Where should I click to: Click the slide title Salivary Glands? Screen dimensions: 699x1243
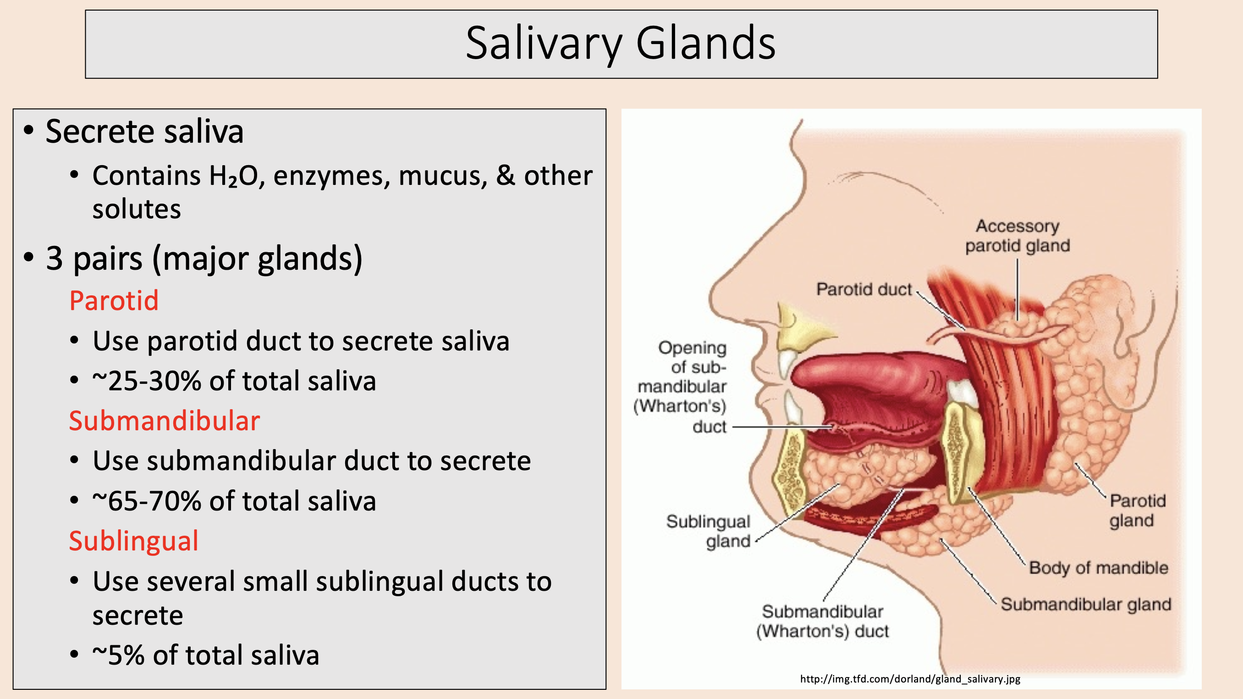[621, 44]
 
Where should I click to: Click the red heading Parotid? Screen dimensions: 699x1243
[114, 300]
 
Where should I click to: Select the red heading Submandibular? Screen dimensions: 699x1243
[164, 421]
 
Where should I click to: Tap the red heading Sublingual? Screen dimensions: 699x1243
[134, 541]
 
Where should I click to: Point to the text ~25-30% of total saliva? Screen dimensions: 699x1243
[234, 381]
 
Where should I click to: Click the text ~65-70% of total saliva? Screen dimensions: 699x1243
[234, 501]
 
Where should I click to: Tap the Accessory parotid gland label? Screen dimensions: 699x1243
[1017, 236]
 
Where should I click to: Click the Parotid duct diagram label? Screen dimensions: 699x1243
[864, 289]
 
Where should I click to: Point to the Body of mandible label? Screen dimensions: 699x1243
[1098, 568]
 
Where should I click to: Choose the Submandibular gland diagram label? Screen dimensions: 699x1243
[1086, 604]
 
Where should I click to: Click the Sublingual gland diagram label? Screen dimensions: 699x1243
[709, 531]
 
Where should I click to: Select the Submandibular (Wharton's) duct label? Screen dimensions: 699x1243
[822, 621]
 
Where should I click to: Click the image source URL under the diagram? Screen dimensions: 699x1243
[910, 679]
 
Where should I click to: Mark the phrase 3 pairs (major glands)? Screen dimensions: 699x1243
[203, 258]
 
